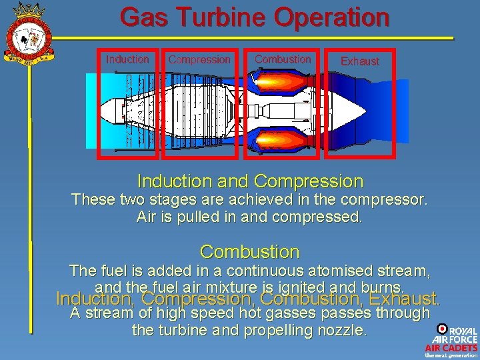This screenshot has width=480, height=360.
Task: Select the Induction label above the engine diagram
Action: coord(127,59)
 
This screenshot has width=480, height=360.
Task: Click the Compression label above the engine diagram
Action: coord(199,60)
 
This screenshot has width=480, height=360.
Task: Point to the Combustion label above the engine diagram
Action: coord(283,59)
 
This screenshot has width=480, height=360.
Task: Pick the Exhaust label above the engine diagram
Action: coord(359,61)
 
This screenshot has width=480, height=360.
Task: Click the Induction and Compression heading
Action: coord(250,181)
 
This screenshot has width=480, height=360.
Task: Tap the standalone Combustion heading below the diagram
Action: coord(250,252)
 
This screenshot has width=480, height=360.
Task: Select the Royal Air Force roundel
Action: coord(442,329)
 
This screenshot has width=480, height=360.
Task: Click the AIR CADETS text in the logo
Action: coord(451,347)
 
